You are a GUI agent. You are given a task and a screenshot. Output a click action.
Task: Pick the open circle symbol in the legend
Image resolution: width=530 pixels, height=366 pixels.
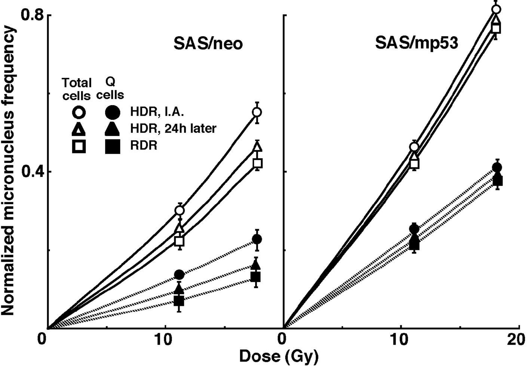79,111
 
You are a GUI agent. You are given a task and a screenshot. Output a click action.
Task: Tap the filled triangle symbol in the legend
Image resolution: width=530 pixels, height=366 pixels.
112,129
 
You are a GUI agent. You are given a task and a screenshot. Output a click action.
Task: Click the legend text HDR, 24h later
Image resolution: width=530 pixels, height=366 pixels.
173,129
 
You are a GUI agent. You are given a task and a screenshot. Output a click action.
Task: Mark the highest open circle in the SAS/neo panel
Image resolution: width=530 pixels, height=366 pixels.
257,112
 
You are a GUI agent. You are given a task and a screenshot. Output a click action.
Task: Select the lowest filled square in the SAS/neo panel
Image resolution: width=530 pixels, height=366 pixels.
179,300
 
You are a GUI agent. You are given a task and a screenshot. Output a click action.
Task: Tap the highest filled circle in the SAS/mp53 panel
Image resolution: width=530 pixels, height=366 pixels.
497,167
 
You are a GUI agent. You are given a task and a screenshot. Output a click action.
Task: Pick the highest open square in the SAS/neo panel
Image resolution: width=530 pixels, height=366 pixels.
257,163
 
